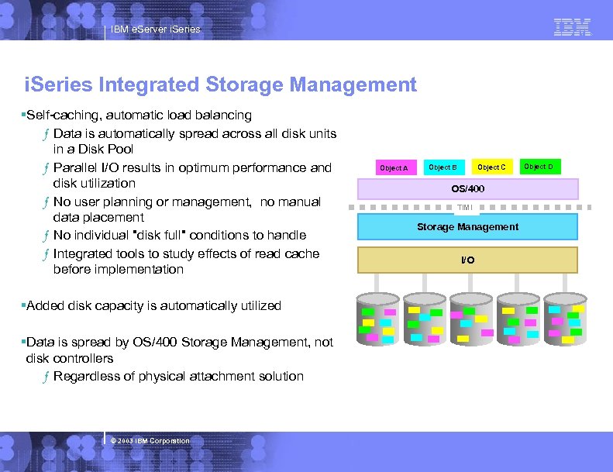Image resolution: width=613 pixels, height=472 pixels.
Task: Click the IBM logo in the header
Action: pos(573,28)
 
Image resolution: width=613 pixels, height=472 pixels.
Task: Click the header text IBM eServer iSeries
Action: pos(155,29)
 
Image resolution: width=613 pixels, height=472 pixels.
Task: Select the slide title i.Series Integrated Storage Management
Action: pos(221,84)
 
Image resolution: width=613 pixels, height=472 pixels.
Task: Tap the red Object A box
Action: pos(394,167)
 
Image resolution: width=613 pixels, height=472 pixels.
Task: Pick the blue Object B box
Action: pos(443,167)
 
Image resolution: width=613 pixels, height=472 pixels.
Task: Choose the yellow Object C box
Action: pos(491,167)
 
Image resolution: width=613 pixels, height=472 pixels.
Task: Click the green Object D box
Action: pos(539,167)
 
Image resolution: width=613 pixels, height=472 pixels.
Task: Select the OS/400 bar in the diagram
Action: pos(467,189)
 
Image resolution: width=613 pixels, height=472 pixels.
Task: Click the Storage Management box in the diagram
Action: pos(467,227)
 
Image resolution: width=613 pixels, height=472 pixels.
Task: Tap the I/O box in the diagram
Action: pos(467,260)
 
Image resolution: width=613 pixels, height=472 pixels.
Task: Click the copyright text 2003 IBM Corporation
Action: pos(150,441)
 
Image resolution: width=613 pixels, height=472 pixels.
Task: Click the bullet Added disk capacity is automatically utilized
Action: pos(153,306)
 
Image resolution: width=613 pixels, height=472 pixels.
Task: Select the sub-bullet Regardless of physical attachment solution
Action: pos(178,377)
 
